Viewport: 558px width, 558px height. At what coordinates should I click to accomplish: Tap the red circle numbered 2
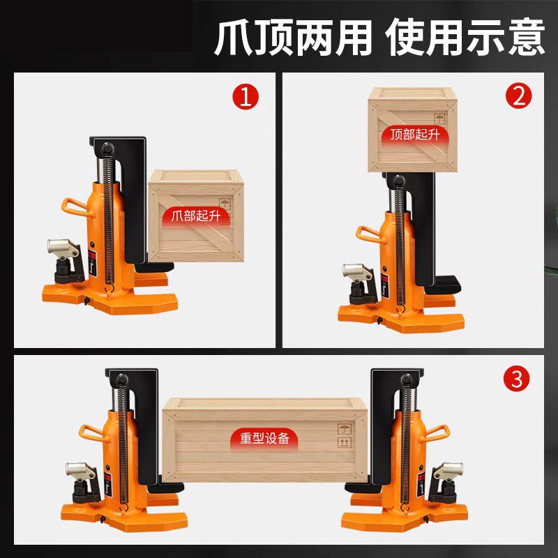518,96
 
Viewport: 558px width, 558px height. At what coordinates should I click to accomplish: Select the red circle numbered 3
516,379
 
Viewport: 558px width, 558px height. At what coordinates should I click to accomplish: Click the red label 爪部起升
196,216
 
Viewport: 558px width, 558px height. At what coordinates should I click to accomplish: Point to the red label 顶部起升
415,135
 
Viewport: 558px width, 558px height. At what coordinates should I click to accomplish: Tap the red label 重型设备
264,439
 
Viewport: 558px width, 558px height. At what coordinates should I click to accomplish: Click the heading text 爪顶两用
292,37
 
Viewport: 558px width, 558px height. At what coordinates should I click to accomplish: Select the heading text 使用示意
466,37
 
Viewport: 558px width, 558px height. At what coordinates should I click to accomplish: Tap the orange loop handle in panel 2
370,234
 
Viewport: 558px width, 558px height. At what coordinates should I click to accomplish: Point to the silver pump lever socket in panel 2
357,272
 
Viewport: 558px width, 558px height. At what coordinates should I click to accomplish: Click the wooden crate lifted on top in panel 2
412,130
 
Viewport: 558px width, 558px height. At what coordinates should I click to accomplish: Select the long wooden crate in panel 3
264,440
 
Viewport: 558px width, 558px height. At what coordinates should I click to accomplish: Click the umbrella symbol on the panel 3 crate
344,428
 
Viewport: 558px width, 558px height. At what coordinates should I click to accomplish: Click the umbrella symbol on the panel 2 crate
439,119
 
